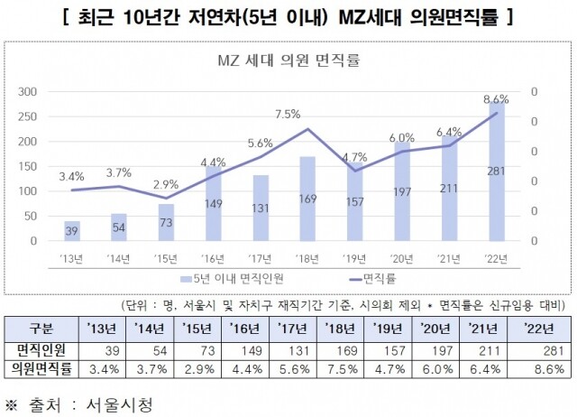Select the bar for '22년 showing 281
pos(494,171)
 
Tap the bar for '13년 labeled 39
pos(72,231)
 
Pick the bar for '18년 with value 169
pos(307,199)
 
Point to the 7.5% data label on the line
pos(287,114)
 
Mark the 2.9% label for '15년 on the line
pos(166,183)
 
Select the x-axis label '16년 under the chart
pos(213,257)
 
